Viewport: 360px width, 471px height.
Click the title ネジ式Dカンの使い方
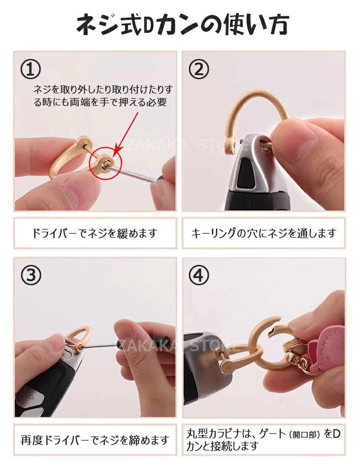tap(182, 25)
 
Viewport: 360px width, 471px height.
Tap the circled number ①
tap(30, 69)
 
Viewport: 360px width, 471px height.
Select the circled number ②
tap(198, 69)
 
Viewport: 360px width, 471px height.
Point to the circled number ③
tap(31, 275)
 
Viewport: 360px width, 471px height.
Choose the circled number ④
tap(198, 275)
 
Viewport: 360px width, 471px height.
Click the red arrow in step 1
tap(126, 134)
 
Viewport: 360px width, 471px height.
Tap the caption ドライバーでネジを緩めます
tap(95, 233)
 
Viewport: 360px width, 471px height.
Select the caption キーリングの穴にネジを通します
tap(263, 233)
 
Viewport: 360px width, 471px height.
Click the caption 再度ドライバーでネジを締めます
tap(94, 440)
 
